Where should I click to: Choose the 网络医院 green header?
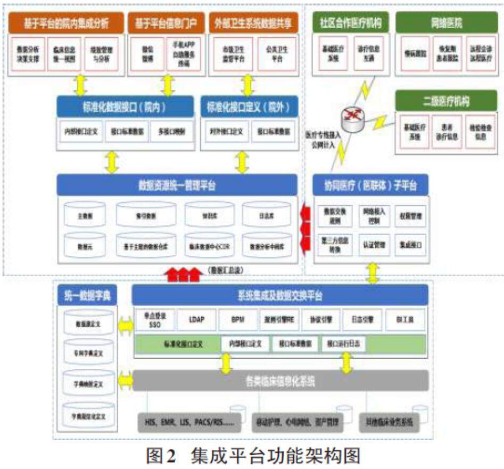[x=446, y=23]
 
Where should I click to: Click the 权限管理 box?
[x=410, y=216]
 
